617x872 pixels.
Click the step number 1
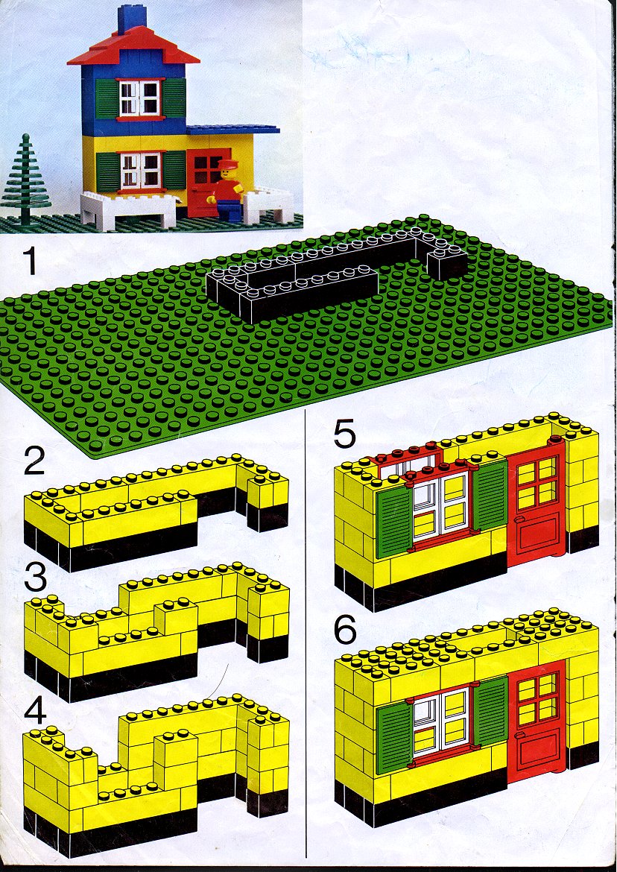(x=29, y=261)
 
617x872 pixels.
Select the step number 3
(x=35, y=580)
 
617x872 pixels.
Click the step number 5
(x=344, y=435)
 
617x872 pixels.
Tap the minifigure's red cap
(x=228, y=163)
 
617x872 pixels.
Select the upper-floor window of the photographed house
(x=140, y=98)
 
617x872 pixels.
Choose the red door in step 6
(x=537, y=720)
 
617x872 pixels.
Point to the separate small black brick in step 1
(x=447, y=264)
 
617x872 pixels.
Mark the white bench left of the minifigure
(x=129, y=209)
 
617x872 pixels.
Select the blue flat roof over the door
(x=233, y=130)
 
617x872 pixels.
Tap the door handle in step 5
(x=519, y=520)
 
